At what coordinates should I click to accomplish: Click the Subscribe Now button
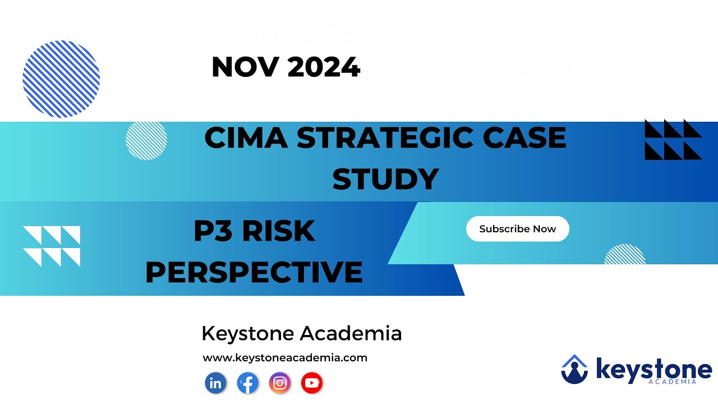click(517, 229)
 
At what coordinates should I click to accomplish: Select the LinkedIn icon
click(215, 383)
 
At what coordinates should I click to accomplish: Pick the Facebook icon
click(247, 383)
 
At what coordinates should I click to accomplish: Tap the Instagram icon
click(280, 383)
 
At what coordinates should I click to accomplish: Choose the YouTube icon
click(312, 383)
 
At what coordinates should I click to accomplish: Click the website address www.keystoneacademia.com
click(285, 357)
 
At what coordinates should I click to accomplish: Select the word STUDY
click(385, 180)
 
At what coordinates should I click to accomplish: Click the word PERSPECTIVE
click(254, 272)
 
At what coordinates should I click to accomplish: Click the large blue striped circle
click(61, 79)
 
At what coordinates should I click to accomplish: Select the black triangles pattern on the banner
click(673, 140)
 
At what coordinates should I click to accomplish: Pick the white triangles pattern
click(52, 246)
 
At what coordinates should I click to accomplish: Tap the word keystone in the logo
click(653, 369)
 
